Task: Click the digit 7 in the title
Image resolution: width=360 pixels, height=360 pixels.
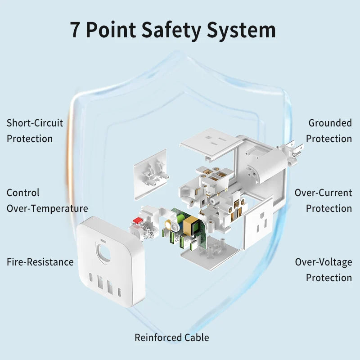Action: click(76, 30)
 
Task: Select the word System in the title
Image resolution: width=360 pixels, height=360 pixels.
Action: click(241, 30)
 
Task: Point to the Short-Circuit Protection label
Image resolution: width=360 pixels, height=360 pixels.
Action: click(35, 130)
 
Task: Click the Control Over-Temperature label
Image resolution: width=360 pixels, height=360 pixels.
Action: click(47, 200)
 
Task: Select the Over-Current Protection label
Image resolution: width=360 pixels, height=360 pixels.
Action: click(323, 200)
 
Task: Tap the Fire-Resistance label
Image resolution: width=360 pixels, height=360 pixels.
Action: click(40, 262)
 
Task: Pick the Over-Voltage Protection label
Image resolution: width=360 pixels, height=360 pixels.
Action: click(324, 270)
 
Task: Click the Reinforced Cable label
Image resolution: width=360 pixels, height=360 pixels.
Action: click(172, 337)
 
